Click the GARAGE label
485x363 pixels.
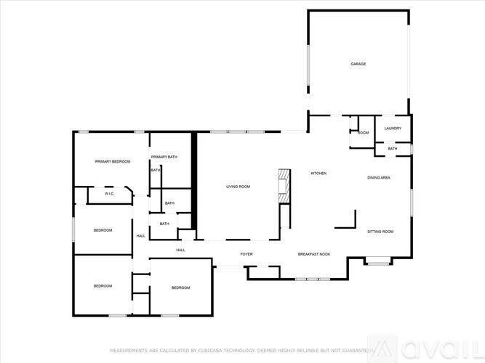(x=358, y=64)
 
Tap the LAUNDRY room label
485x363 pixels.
(x=393, y=129)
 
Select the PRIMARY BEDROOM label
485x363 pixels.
(x=113, y=161)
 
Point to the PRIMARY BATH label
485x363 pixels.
(x=164, y=157)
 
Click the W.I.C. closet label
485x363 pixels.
(x=109, y=194)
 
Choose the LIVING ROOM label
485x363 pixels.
(x=238, y=187)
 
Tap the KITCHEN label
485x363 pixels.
(x=318, y=173)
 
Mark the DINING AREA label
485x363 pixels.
(x=379, y=177)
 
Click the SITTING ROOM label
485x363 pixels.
(x=380, y=231)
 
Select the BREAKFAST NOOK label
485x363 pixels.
(x=314, y=254)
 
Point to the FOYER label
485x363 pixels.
(x=247, y=254)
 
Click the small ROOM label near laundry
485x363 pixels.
(x=363, y=133)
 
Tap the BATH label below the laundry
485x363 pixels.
(x=393, y=149)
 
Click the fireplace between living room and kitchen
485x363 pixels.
(x=284, y=187)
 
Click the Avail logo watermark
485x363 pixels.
(x=429, y=347)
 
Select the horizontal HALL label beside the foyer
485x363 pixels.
(x=180, y=250)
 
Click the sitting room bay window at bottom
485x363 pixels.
(x=377, y=263)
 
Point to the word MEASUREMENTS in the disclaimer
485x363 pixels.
(x=130, y=350)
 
